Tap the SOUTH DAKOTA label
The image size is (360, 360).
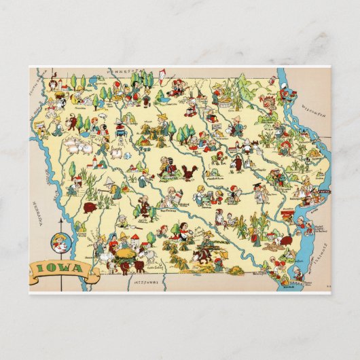pyautogui.click(x=36, y=88)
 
